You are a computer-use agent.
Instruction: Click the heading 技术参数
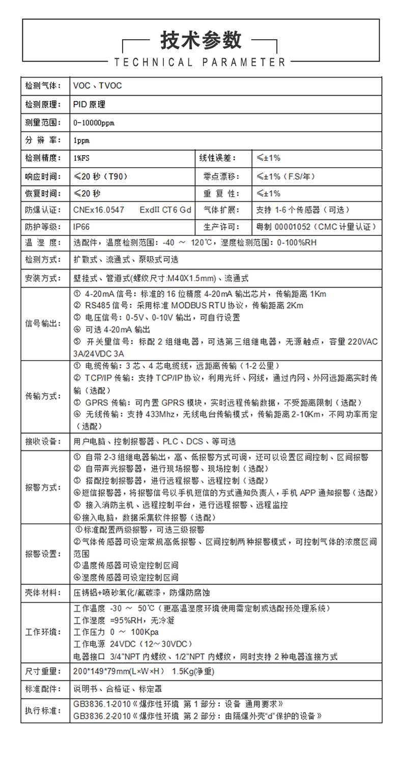point(201,40)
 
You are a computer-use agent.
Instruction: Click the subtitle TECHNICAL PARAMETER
point(200,63)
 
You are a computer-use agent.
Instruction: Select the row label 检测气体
point(43,85)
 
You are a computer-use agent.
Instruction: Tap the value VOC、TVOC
point(98,85)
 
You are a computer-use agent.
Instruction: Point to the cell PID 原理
point(89,104)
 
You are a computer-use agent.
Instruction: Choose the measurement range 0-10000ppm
point(95,123)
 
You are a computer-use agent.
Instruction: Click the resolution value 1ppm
point(81,140)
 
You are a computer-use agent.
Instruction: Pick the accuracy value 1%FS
point(81,158)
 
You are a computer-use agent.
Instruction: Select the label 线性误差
point(217,158)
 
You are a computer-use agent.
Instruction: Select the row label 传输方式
point(43,397)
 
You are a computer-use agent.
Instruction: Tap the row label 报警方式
point(43,487)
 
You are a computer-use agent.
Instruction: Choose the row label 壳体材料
point(43,592)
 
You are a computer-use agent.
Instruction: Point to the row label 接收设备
point(43,441)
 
